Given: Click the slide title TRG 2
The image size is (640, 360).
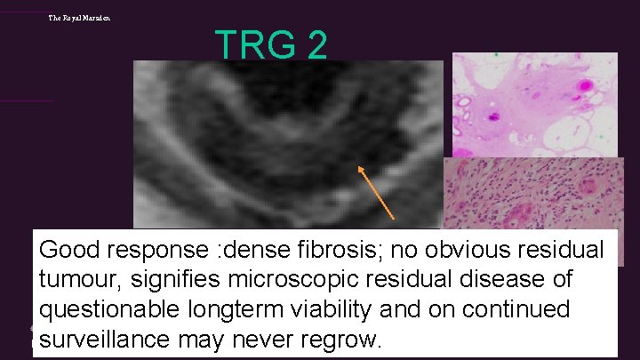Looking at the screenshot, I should point(271,44).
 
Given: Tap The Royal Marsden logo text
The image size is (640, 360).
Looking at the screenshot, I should point(80,18).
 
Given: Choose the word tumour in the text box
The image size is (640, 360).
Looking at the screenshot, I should point(78,280).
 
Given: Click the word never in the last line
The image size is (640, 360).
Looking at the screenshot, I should point(266,339).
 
